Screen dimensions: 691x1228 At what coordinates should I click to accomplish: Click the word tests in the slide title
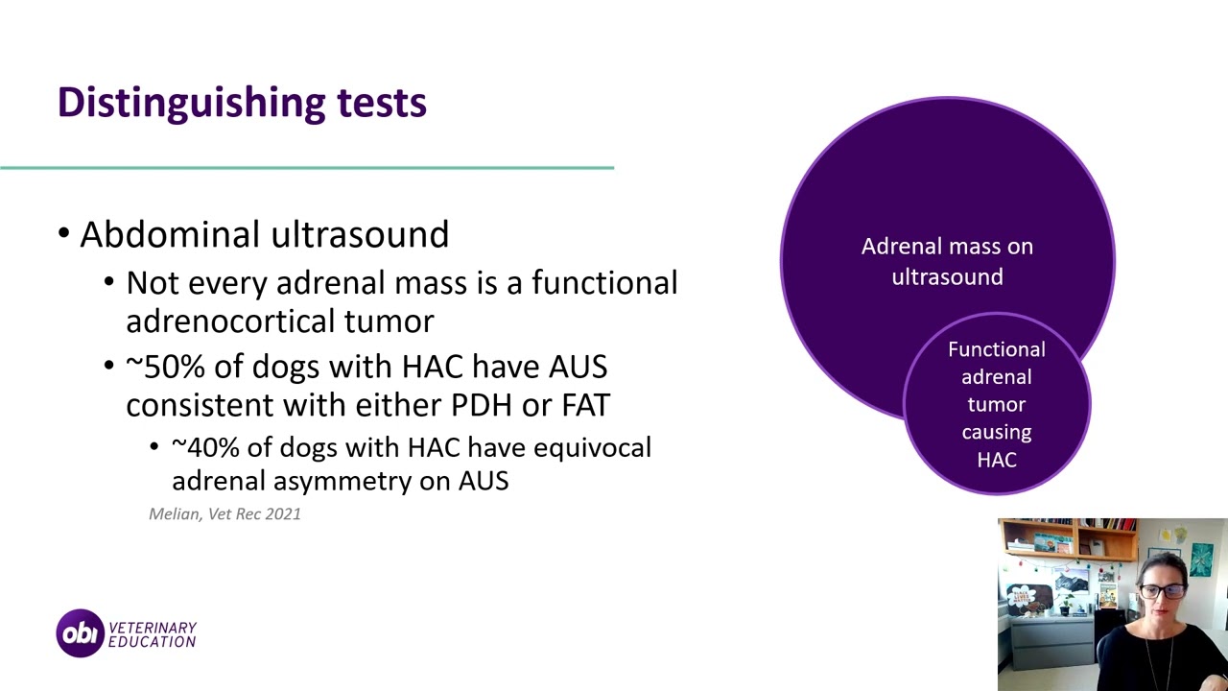click(381, 103)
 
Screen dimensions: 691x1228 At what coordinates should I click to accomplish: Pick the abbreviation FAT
click(585, 405)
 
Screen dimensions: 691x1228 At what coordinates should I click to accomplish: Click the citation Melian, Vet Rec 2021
click(224, 514)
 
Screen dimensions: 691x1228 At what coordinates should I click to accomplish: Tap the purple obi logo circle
click(80, 633)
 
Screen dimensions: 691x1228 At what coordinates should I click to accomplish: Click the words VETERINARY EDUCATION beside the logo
click(152, 634)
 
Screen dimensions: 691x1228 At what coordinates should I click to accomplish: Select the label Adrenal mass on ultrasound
click(947, 261)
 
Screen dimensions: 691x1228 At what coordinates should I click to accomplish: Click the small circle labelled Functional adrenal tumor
click(997, 403)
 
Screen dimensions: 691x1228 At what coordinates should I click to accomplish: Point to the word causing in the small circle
click(997, 432)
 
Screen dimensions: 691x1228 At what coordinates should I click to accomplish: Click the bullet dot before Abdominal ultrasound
click(63, 235)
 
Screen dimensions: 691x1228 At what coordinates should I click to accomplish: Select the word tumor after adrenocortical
click(396, 321)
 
